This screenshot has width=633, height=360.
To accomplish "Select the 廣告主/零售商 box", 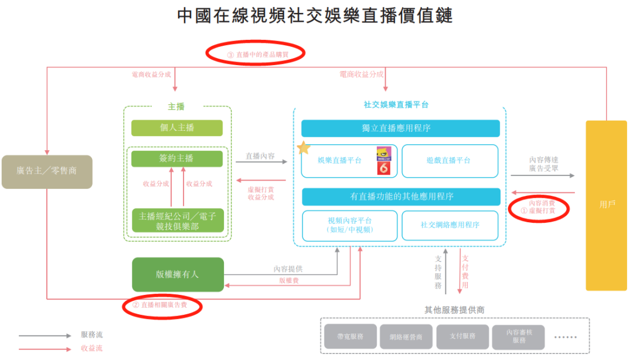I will click(x=47, y=171).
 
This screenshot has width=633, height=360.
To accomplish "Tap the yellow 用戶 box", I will click(x=606, y=205).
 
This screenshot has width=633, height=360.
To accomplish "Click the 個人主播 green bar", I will click(x=177, y=128).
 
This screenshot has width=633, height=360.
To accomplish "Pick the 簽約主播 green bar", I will click(x=177, y=158).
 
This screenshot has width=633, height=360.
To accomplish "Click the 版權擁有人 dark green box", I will click(x=178, y=274).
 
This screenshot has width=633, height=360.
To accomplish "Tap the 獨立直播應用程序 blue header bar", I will click(x=400, y=128).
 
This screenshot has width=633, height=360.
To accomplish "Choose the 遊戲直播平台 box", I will click(x=450, y=161).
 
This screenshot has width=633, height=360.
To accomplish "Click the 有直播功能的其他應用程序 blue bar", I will click(x=400, y=196).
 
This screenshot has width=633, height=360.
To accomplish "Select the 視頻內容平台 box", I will click(x=349, y=225).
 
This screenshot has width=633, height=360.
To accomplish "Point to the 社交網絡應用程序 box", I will click(x=450, y=225).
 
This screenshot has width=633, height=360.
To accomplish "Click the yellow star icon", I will click(x=304, y=147).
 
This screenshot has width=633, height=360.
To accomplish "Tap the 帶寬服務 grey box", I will click(x=350, y=337).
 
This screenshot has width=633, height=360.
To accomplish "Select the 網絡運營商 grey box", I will click(x=406, y=337).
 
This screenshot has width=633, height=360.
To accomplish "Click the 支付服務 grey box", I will click(x=462, y=337).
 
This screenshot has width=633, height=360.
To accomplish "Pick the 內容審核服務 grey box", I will click(x=518, y=337).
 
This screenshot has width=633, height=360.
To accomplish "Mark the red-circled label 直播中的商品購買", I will click(x=255, y=55).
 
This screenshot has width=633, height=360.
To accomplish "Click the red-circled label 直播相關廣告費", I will click(x=162, y=305).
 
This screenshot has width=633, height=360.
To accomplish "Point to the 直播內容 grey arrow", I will click(x=261, y=161).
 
